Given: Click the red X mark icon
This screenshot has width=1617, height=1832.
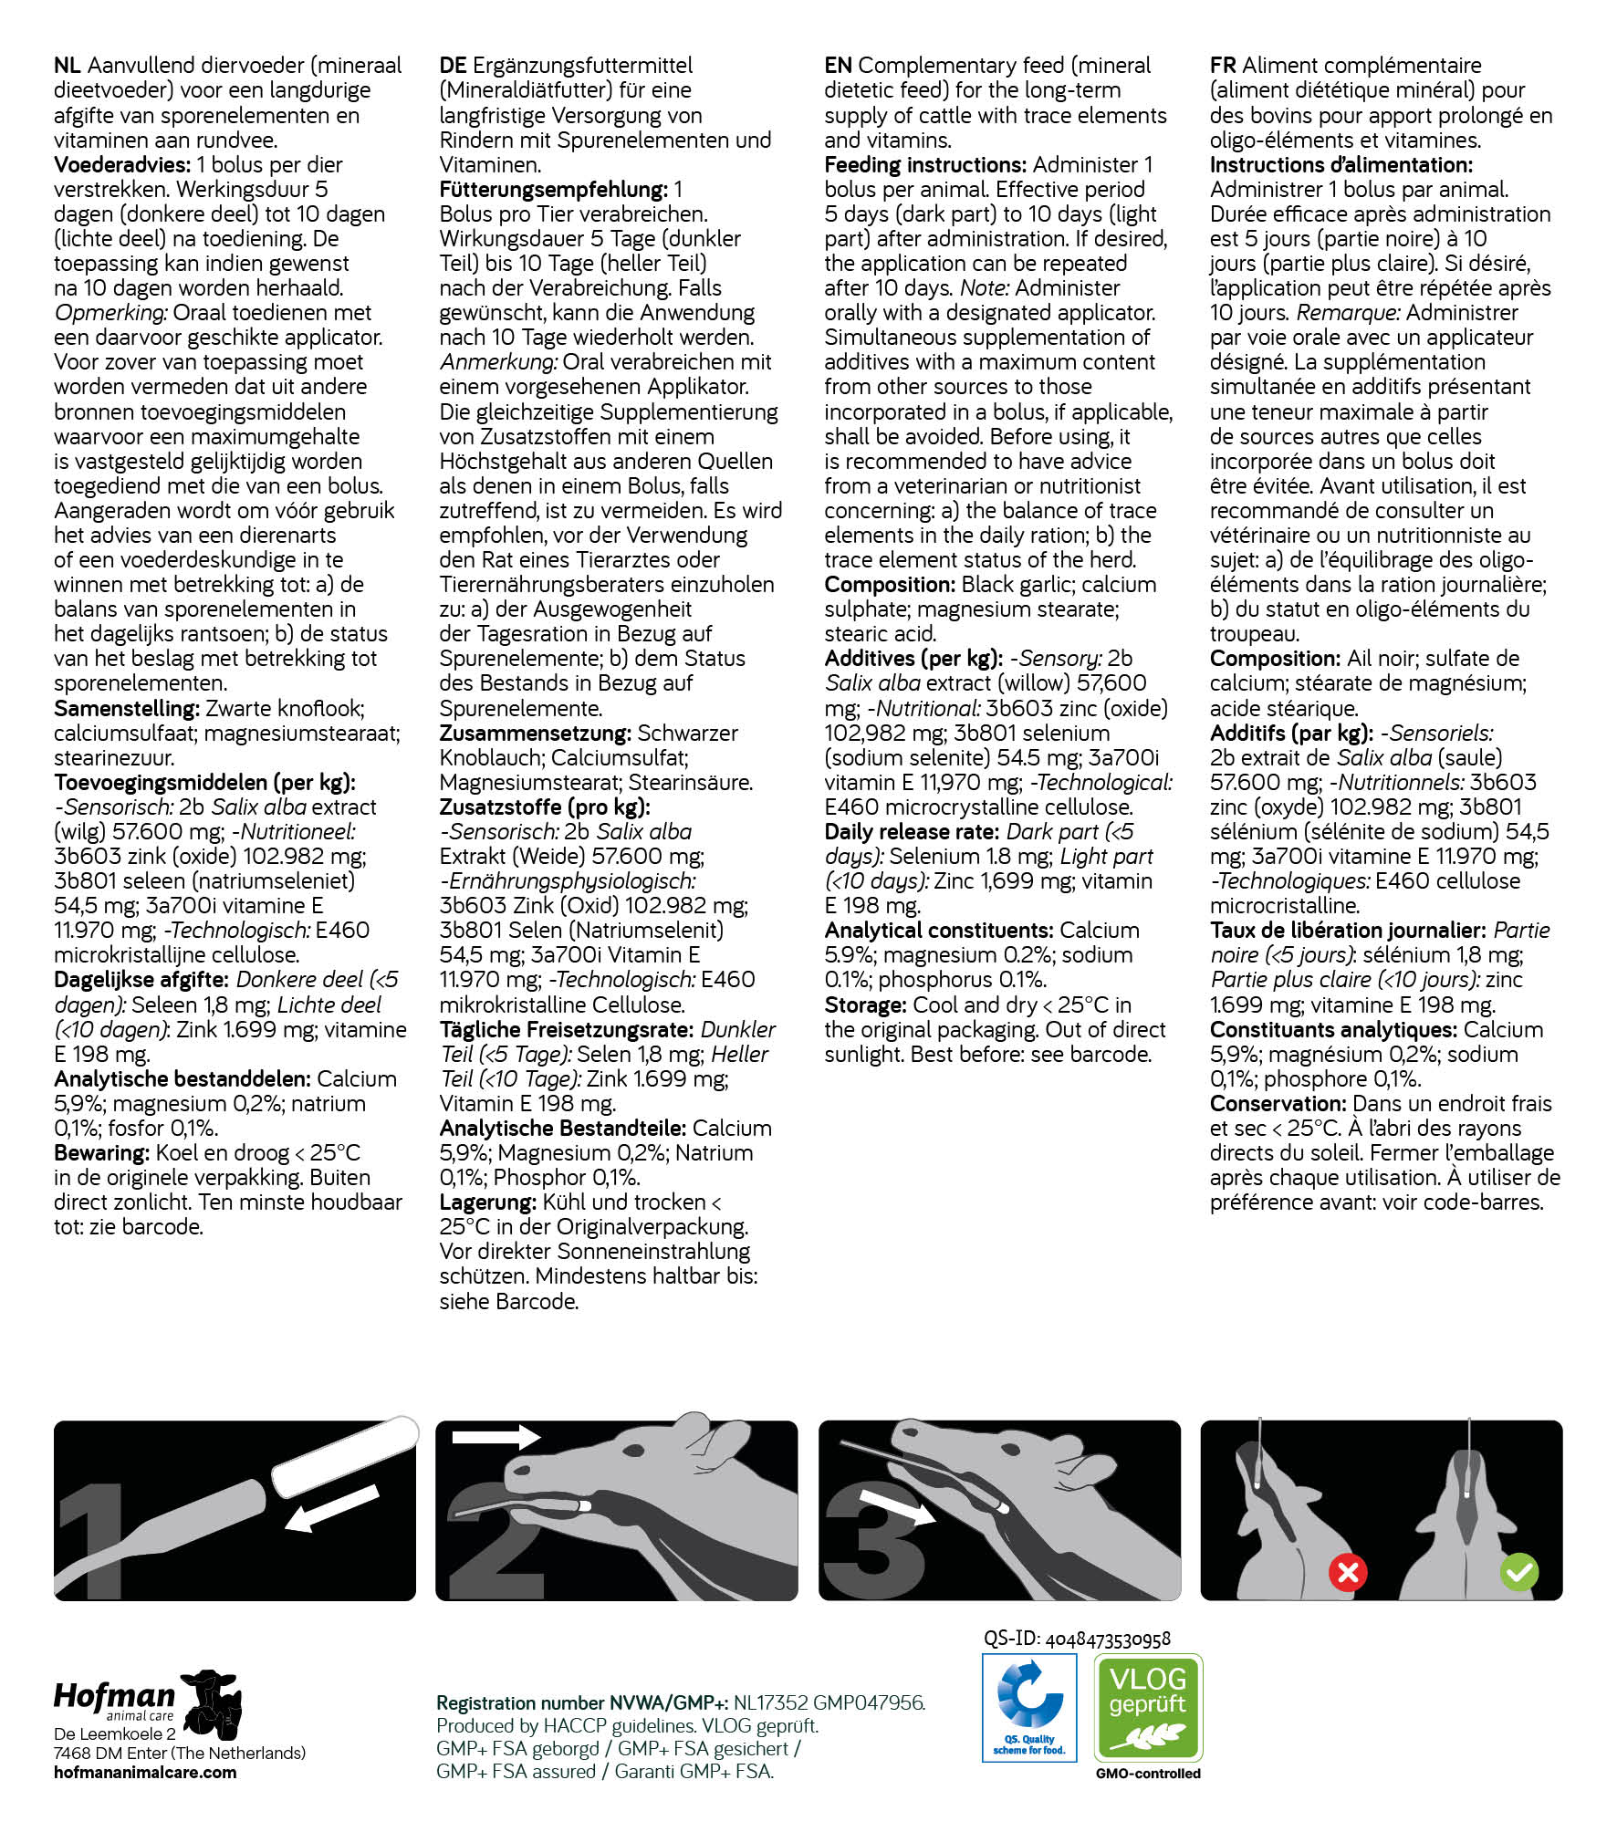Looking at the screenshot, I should (1347, 1572).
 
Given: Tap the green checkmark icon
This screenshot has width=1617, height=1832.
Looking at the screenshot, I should (1519, 1572).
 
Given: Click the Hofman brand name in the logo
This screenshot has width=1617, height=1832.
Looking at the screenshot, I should (114, 1695).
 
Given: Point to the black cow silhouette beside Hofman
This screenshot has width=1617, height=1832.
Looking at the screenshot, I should (213, 1703).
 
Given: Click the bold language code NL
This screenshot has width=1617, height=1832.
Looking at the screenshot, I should (68, 66).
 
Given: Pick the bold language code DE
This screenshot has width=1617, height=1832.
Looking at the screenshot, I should (453, 66).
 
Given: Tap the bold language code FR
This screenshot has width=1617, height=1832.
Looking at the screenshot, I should (1223, 66).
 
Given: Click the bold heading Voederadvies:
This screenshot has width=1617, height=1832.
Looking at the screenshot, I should (122, 165).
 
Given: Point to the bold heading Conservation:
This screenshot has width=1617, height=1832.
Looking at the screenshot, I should (1265, 1104).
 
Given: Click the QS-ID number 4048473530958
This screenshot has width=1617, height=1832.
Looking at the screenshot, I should (1107, 1639).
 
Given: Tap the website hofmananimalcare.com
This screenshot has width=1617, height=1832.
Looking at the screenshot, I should (145, 1772).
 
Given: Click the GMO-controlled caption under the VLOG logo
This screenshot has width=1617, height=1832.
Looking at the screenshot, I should (1148, 1774).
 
